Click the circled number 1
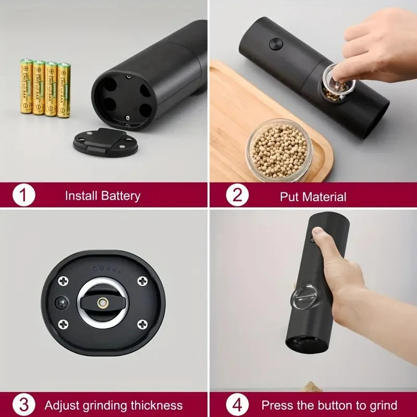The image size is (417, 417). pos(23,195)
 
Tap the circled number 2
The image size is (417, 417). pos(237,195)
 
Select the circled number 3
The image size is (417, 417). pos(23,405)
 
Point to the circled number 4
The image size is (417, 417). pos(237,405)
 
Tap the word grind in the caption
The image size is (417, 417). pos(382,405)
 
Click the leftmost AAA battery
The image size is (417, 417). pos(27,87)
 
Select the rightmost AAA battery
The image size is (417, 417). pos(64,90)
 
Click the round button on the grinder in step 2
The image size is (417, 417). pos(276,44)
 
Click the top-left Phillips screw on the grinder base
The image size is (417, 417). pos(64,281)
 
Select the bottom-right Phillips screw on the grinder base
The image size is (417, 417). pos(142,325)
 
